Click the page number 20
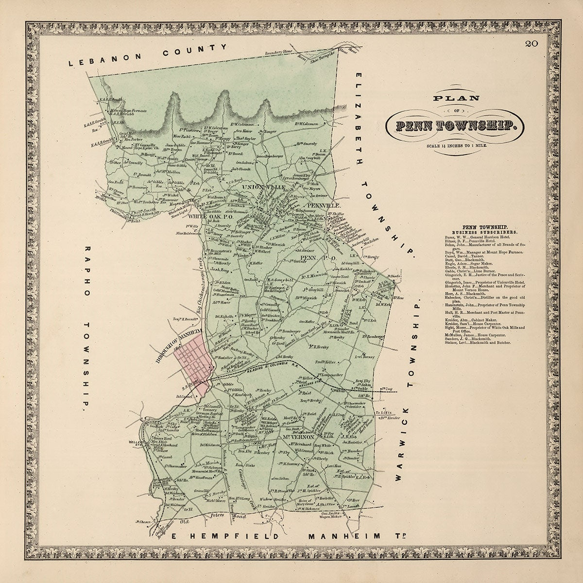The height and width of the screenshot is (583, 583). coord(531,45)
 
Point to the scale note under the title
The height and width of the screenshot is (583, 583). coord(455,145)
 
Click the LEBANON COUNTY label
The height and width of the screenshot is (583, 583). coord(148,55)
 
